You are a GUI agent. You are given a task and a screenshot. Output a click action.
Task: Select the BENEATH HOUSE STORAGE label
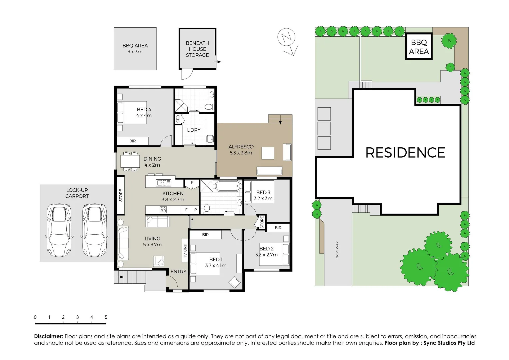tap(197, 49)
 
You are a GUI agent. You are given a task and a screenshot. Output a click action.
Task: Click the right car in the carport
tap(95, 230)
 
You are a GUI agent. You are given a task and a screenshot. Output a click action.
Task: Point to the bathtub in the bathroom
tap(228, 186)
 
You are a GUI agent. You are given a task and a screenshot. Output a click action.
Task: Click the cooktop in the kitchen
tap(163, 210)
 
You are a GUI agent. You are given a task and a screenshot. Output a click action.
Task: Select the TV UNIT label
tap(185, 250)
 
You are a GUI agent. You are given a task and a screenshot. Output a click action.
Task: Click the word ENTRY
tap(178, 272)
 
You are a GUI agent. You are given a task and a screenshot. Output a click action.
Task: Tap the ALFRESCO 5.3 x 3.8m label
tap(241, 150)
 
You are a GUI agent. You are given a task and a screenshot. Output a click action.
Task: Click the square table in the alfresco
tap(268, 153)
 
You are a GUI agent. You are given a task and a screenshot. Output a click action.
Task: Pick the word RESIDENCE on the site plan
tap(405, 153)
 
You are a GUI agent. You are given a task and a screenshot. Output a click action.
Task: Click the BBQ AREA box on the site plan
tap(419, 47)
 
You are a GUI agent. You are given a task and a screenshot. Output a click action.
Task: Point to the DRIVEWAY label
tap(337, 250)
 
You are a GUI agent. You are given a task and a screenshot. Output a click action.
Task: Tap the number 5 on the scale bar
tap(106, 317)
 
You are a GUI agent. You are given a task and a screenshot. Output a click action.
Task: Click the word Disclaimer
tap(49, 336)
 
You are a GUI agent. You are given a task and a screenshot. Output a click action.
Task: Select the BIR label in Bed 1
tap(205, 235)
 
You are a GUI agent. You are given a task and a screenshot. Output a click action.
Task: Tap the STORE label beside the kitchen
tap(121, 195)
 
